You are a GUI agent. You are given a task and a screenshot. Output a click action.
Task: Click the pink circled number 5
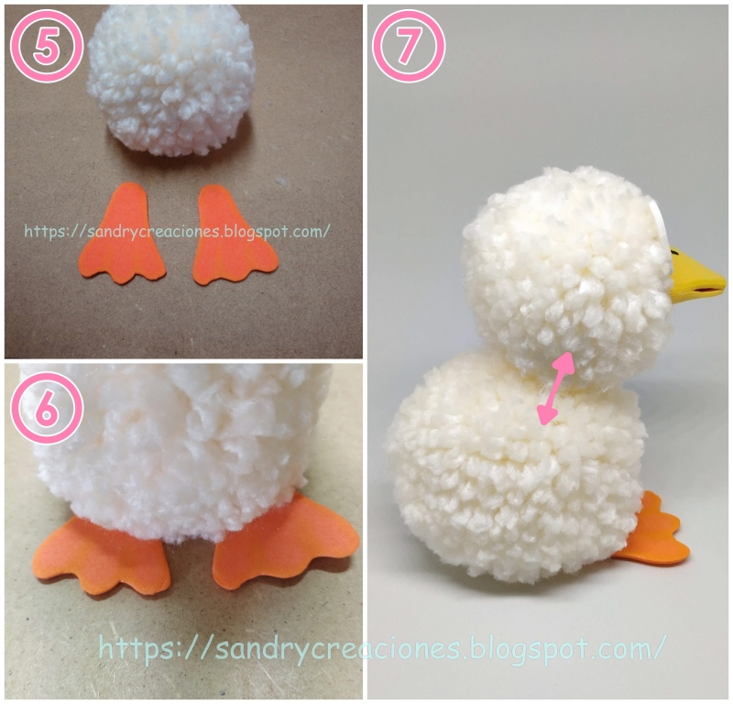pyautogui.click(x=46, y=46)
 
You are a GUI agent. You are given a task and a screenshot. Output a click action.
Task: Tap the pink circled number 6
pyautogui.click(x=46, y=408)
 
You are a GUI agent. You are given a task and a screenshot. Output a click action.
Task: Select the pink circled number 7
pyautogui.click(x=408, y=46)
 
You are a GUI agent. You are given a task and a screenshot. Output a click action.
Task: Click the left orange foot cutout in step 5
pyautogui.click(x=124, y=234)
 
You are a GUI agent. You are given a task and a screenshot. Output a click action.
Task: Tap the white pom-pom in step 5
pyautogui.click(x=171, y=80)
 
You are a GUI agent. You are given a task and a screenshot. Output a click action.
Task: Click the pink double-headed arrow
pyautogui.click(x=555, y=389)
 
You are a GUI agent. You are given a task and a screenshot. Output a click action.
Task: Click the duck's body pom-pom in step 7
pyautogui.click(x=517, y=467)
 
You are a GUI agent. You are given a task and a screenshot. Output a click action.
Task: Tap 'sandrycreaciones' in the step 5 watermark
pyautogui.click(x=153, y=232)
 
